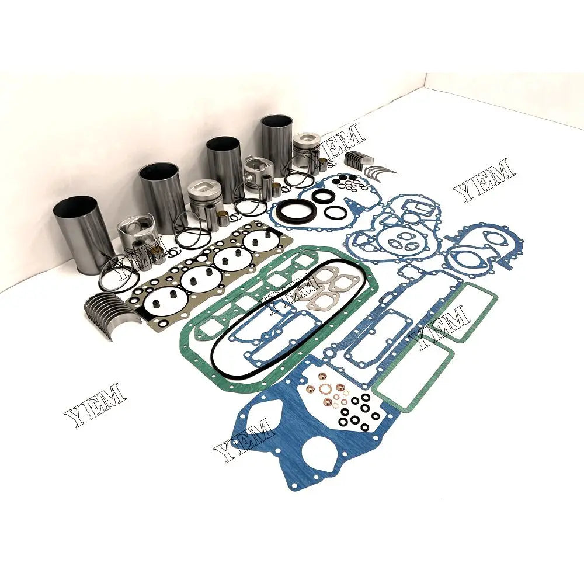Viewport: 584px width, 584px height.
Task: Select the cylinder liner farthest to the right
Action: (x=277, y=143)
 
